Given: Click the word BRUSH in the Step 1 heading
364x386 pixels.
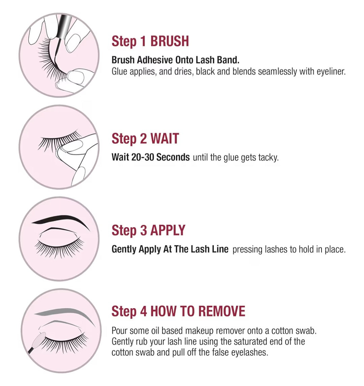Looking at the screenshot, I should click(170, 41).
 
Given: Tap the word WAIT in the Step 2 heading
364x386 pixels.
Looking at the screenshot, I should click(164, 139).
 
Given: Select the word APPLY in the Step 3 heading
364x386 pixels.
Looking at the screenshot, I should click(168, 230).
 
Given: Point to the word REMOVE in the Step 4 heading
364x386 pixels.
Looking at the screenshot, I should click(221, 311).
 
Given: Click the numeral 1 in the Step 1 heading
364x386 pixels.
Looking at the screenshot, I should click(143, 41).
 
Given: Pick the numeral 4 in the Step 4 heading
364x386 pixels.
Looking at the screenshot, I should click(144, 311).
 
